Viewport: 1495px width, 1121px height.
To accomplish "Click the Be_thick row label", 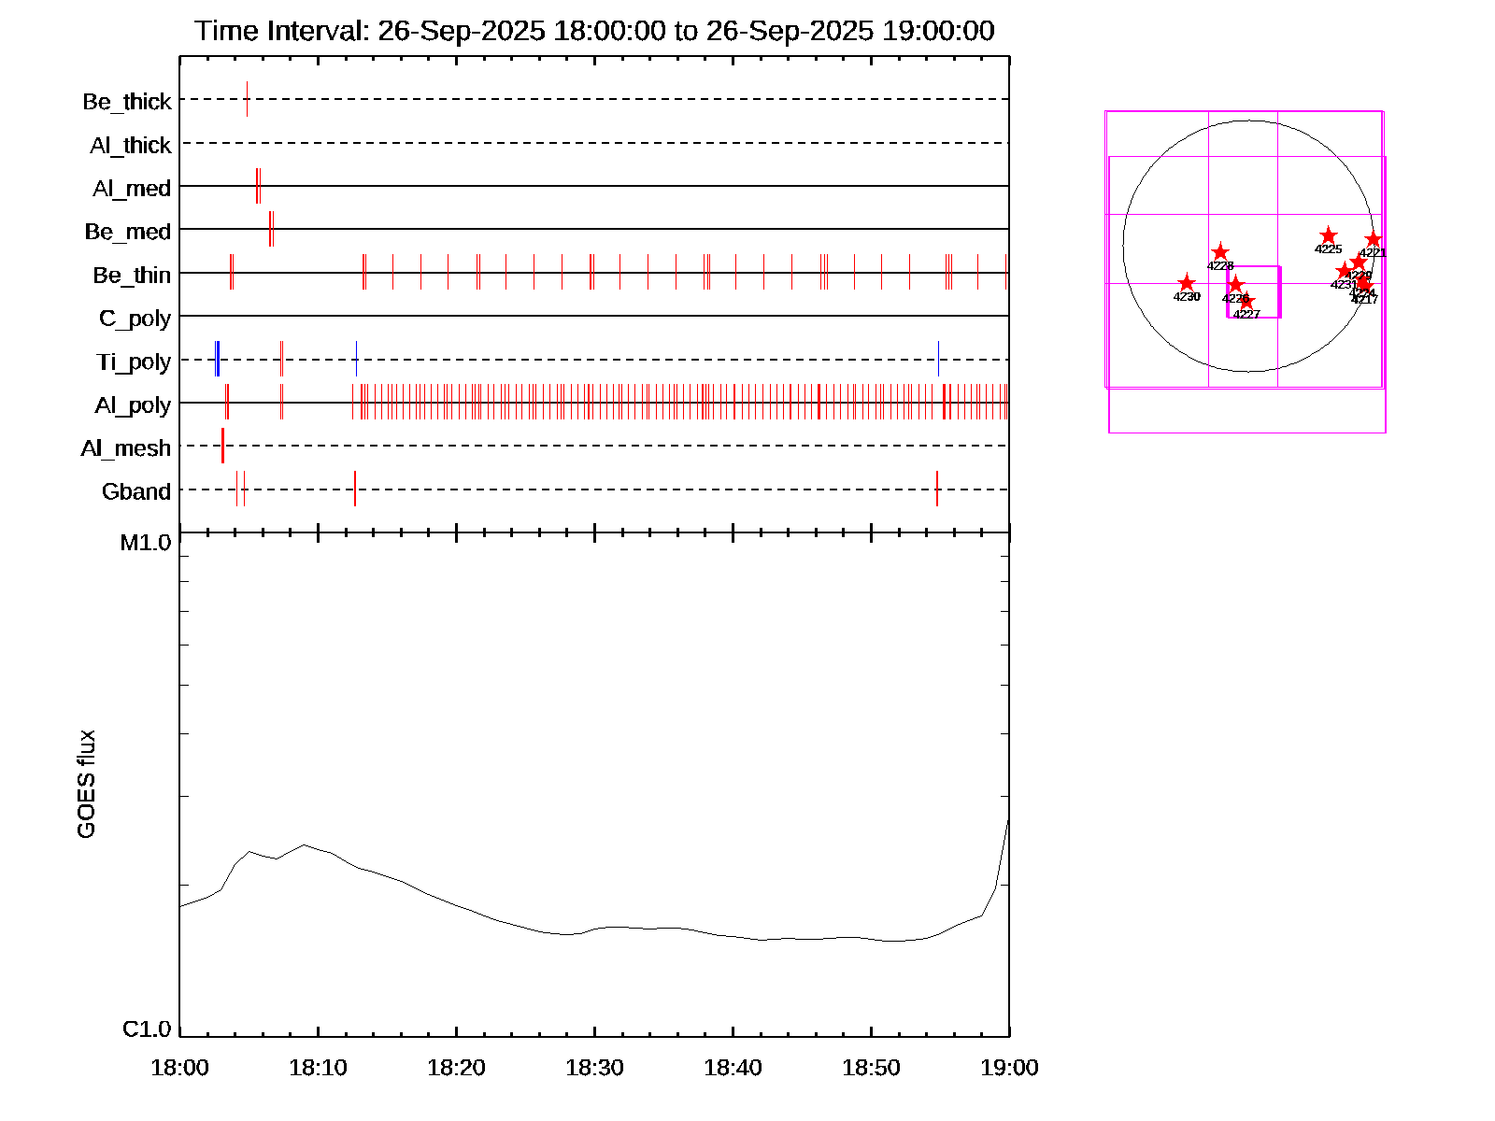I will click(127, 101).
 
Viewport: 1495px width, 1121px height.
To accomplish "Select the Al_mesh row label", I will click(126, 448).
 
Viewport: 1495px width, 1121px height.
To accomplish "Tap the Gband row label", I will click(136, 491).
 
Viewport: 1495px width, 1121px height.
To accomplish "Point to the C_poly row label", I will click(135, 319).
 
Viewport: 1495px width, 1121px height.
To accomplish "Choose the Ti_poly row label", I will click(134, 362).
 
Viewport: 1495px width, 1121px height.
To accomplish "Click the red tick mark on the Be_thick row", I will click(247, 99).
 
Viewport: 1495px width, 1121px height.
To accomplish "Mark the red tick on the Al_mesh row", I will click(222, 446).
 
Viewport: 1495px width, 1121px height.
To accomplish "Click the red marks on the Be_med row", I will click(271, 229).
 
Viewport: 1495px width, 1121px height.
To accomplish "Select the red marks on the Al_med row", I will click(258, 186).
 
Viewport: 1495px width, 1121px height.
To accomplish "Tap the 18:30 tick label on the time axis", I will click(594, 1067).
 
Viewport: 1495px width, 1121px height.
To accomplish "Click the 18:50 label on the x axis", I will click(871, 1067).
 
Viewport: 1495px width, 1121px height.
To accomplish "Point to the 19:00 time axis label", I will click(1009, 1067).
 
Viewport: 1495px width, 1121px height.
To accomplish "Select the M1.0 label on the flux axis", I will click(146, 543).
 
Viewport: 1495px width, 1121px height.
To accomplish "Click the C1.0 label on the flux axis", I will click(147, 1029).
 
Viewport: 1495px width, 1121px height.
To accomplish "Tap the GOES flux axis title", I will click(86, 785).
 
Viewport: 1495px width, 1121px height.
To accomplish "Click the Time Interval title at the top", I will click(594, 31).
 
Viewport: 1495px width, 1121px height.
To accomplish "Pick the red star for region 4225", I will click(1328, 235).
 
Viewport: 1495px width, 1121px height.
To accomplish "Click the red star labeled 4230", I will click(1186, 283).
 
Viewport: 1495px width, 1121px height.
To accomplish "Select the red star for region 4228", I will click(1220, 252).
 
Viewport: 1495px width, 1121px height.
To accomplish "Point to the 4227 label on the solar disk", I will click(1246, 315).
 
